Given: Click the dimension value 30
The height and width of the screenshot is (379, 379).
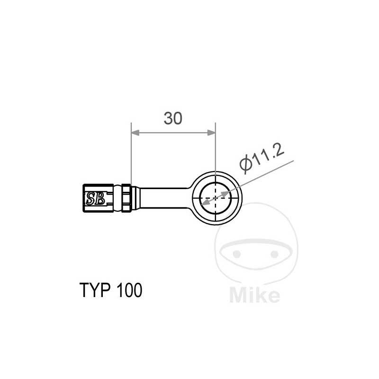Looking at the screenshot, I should pyautogui.click(x=173, y=118).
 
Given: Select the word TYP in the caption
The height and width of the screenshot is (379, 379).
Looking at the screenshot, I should pyautogui.click(x=93, y=290).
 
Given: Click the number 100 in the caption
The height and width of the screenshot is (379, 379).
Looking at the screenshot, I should pyautogui.click(x=127, y=290).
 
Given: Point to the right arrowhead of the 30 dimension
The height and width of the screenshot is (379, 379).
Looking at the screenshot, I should pyautogui.click(x=211, y=133).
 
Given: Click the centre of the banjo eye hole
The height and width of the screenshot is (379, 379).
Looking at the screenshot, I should pyautogui.click(x=216, y=198).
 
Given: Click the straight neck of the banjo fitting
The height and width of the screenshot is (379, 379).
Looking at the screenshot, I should pyautogui.click(x=163, y=196).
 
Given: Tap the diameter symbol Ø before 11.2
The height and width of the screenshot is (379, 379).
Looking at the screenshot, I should pyautogui.click(x=245, y=164).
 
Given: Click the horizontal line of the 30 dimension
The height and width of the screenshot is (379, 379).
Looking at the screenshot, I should pyautogui.click(x=173, y=133).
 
